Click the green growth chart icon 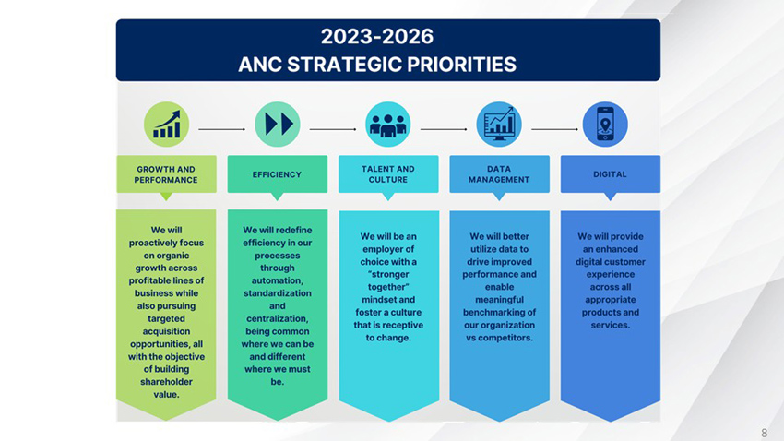(x=166, y=125)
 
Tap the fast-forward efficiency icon (x=277, y=125)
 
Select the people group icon (x=388, y=125)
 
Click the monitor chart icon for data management (x=499, y=125)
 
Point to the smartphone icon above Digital (x=606, y=125)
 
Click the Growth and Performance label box (x=166, y=174)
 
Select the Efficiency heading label (x=277, y=174)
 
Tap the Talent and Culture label (x=388, y=174)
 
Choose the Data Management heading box (x=499, y=174)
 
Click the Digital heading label (x=610, y=174)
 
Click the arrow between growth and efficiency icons (x=221, y=129)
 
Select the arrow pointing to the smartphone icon (x=554, y=129)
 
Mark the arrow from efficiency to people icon (x=332, y=129)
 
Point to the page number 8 (x=764, y=433)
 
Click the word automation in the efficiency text (x=277, y=280)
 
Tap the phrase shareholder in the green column (x=166, y=381)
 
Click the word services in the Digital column (x=609, y=325)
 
